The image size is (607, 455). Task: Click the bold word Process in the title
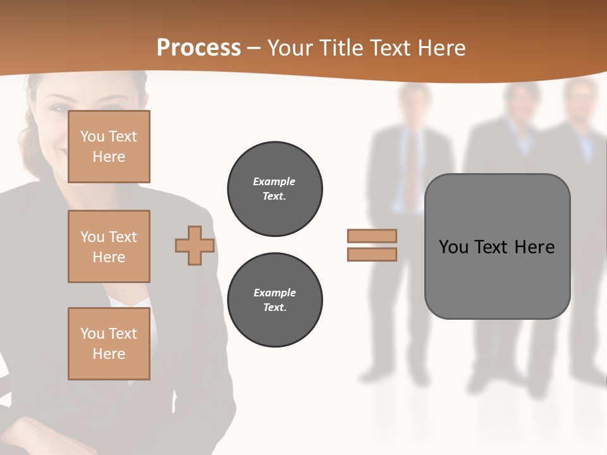(x=199, y=47)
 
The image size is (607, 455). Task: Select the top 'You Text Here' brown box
(x=109, y=147)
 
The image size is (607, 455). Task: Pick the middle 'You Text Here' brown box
(x=109, y=246)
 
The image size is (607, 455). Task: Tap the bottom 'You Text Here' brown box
(x=109, y=344)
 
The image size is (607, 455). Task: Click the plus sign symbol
(x=195, y=245)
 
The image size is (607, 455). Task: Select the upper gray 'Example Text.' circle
(x=274, y=189)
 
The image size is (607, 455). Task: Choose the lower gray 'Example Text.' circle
(x=274, y=300)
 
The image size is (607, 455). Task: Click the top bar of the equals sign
(x=372, y=236)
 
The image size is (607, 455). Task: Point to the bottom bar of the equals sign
(x=372, y=254)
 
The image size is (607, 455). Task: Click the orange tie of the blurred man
(x=412, y=171)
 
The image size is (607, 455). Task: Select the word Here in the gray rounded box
(x=534, y=247)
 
